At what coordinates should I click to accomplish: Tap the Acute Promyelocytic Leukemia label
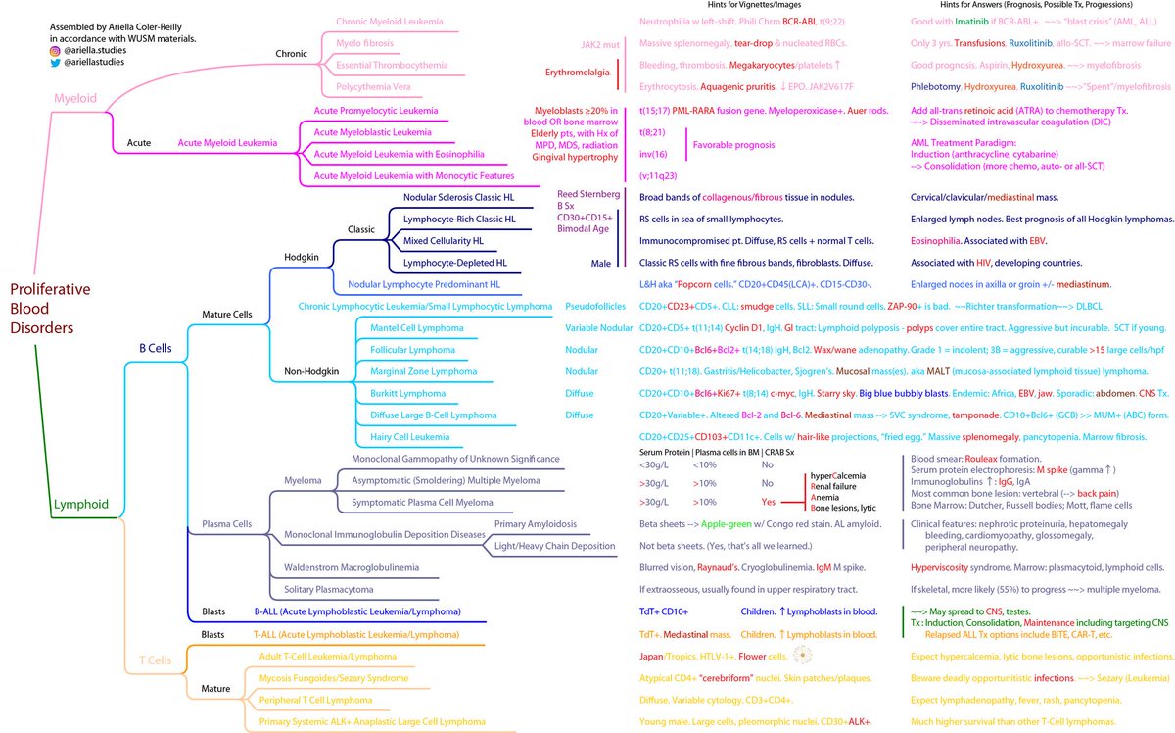tap(375, 112)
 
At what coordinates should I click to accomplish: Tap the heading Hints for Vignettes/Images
tap(697, 6)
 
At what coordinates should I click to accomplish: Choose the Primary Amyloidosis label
tap(536, 524)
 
